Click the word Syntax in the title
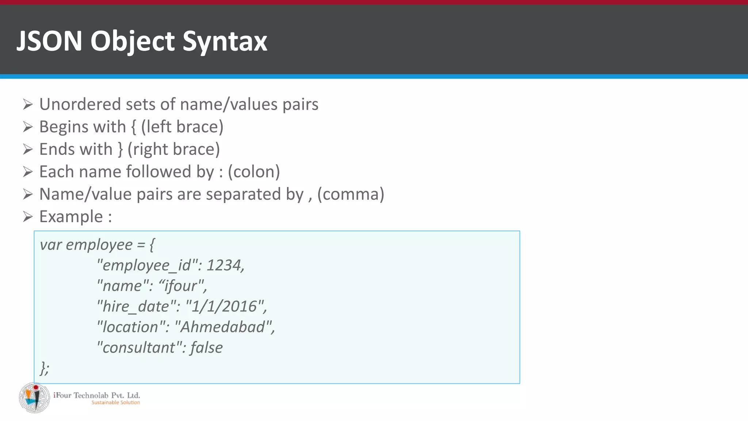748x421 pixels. (225, 41)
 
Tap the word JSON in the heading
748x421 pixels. (49, 41)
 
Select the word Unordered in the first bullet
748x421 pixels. (80, 104)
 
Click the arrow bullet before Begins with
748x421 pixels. (28, 127)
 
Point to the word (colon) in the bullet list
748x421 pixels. (254, 172)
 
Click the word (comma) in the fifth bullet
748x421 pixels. (351, 194)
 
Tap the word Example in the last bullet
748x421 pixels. (71, 217)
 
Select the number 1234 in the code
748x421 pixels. (225, 265)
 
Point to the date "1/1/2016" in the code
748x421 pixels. (225, 306)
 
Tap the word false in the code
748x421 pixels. (206, 348)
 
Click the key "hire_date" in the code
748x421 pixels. (137, 306)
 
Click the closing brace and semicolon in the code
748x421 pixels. (45, 368)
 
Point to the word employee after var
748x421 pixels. (99, 245)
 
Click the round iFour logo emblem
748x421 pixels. (34, 398)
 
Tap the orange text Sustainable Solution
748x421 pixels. (115, 402)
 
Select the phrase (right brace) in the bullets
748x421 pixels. (173, 149)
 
